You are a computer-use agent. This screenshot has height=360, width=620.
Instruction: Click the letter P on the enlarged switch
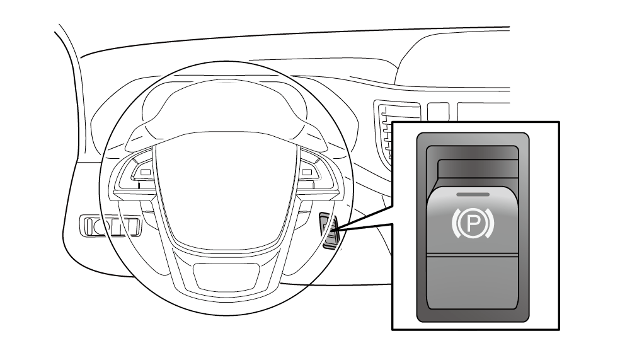[472, 221]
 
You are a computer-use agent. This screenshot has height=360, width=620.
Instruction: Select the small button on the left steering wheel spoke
[146, 172]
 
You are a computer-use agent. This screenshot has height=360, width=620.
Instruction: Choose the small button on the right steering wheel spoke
[309, 171]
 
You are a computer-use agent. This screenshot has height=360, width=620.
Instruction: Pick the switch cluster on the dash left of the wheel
[109, 225]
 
